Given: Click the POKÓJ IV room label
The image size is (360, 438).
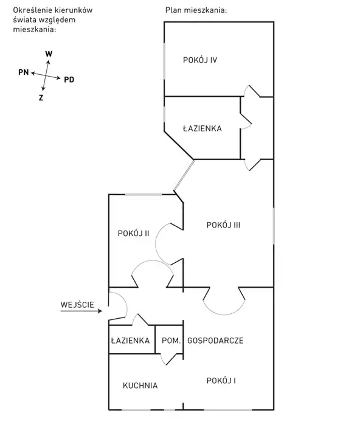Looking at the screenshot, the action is click(x=200, y=60).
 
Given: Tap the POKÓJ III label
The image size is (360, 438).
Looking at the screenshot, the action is click(x=223, y=225).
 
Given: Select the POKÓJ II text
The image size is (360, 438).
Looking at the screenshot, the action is click(x=133, y=233).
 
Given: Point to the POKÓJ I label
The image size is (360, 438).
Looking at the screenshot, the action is click(x=221, y=380).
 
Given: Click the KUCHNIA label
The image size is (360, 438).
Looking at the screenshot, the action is click(x=140, y=386).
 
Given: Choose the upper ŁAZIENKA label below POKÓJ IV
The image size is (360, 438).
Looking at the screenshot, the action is click(x=202, y=128).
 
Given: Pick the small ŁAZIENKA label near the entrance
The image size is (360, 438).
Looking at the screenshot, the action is click(x=130, y=340).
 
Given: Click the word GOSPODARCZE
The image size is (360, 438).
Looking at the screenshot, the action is click(x=215, y=341).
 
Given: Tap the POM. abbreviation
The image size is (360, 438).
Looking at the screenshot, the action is click(x=171, y=341).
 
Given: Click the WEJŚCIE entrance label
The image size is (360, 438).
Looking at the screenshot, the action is click(x=77, y=305).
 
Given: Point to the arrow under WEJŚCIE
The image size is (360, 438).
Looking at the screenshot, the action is click(x=81, y=311).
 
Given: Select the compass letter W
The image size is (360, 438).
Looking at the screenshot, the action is click(x=49, y=54).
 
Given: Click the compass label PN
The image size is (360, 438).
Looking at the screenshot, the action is click(x=24, y=72).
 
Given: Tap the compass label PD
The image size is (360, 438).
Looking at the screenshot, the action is click(x=69, y=80).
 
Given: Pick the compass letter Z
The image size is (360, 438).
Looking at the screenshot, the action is click(x=41, y=98).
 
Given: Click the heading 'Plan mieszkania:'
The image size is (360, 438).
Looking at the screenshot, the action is click(x=196, y=10).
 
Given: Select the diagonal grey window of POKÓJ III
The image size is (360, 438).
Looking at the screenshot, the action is click(x=184, y=175).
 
